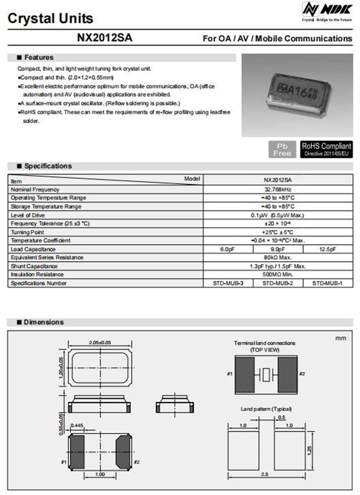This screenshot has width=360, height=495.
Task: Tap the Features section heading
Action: [x=39, y=58]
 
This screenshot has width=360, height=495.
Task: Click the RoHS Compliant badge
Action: [x=327, y=149]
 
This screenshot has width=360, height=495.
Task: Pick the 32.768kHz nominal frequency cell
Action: [x=278, y=190]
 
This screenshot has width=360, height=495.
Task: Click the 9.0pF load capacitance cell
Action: [x=278, y=249]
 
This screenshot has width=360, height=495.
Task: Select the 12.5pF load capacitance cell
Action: [x=328, y=249]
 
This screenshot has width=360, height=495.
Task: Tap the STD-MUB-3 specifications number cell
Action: [x=228, y=283]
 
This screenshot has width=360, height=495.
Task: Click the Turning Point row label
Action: [x=27, y=232]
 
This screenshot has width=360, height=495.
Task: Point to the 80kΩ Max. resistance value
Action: [x=278, y=257]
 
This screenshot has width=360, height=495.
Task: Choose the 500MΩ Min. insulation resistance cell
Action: [x=278, y=274]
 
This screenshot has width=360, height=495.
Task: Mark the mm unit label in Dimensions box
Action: [x=341, y=337]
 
